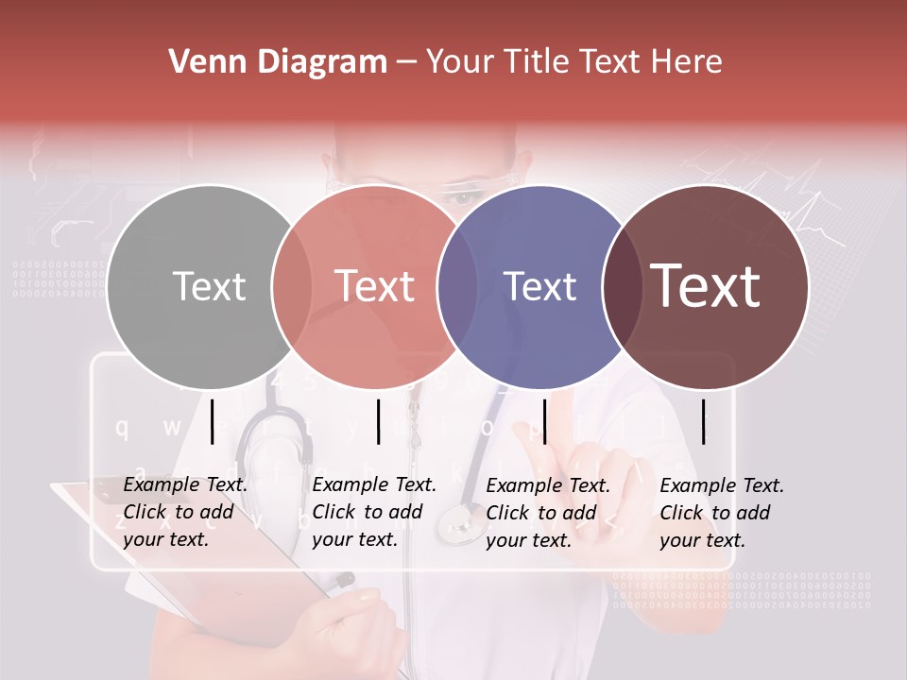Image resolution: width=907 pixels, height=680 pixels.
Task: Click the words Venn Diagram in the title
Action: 278,62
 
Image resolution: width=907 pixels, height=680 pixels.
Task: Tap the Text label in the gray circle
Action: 210,286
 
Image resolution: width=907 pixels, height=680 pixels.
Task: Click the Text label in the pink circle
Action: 375,286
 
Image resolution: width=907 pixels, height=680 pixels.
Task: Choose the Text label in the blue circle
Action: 540,286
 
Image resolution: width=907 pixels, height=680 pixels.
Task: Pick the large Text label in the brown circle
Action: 706,286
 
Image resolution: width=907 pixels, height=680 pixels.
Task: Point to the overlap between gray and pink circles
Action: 292,287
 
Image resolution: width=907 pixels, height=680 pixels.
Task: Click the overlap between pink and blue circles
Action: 457,287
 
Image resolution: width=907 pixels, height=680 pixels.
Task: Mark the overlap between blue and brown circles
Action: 623,287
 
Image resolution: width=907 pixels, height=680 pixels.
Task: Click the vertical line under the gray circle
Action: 212,421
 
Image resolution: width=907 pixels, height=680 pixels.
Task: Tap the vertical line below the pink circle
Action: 378,421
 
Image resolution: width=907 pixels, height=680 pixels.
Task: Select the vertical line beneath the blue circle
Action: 544,421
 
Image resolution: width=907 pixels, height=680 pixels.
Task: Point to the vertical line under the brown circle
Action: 703,421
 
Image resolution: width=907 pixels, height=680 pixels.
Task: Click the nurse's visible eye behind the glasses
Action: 463,196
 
